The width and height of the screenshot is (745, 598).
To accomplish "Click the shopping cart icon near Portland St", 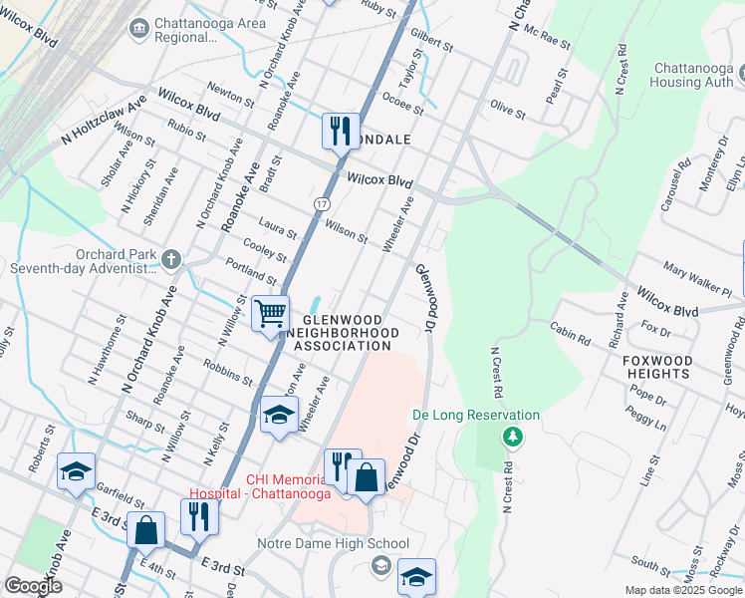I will pos(270,314).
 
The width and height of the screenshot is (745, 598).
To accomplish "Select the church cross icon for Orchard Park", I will pos(170,260).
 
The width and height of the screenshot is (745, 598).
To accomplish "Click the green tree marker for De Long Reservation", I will pos(512,437).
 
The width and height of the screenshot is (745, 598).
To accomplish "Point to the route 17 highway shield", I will pos(321,202).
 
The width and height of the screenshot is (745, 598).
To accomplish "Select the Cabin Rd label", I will pos(570,332).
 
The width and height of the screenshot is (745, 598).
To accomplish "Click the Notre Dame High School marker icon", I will pos(379,566).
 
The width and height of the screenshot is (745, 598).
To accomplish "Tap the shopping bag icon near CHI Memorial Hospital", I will pos(366,476).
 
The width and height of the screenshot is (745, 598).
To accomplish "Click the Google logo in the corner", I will pos(33,586).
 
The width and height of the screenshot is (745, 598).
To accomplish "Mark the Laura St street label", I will pos(277,228).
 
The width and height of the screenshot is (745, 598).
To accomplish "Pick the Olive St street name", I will pos(507,109).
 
